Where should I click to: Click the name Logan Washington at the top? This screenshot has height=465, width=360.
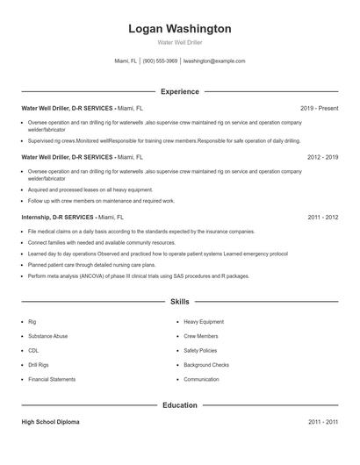pyautogui.click(x=180, y=29)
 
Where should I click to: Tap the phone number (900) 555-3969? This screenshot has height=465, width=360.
pyautogui.click(x=160, y=61)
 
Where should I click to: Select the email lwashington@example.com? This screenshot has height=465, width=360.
pyautogui.click(x=214, y=61)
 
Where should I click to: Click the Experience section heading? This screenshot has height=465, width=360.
pyautogui.click(x=180, y=91)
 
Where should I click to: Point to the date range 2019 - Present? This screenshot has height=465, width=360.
pyautogui.click(x=319, y=108)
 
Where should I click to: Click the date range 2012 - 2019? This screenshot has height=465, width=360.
pyautogui.click(x=322, y=157)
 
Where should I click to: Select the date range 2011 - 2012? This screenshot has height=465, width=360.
pyautogui.click(x=322, y=217)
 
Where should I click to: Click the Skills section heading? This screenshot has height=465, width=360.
pyautogui.click(x=180, y=301)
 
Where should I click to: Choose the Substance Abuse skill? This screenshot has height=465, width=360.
pyautogui.click(x=47, y=336)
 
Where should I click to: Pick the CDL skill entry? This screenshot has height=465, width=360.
pyautogui.click(x=33, y=350)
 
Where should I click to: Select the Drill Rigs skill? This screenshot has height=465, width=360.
pyautogui.click(x=39, y=365)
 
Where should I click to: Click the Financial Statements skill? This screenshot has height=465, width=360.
pyautogui.click(x=52, y=379)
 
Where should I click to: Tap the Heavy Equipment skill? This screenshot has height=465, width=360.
pyautogui.click(x=204, y=322)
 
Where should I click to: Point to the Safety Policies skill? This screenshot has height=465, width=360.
pyautogui.click(x=201, y=350)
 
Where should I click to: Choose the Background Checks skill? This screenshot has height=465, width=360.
pyautogui.click(x=206, y=365)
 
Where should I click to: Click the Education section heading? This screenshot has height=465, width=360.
pyautogui.click(x=180, y=405)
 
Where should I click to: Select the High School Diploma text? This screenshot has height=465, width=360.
pyautogui.click(x=50, y=422)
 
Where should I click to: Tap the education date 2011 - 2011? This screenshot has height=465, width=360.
pyautogui.click(x=322, y=422)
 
